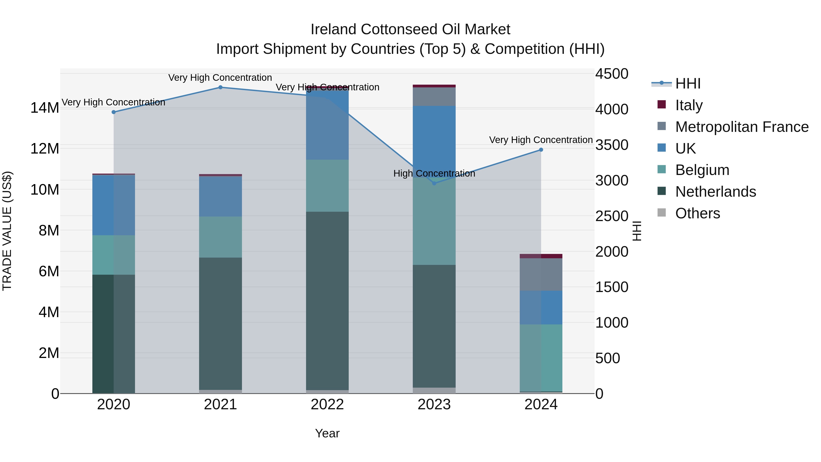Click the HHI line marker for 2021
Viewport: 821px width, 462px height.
[220, 87]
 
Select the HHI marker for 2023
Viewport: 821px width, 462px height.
[434, 183]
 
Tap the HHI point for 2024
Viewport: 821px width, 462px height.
[541, 150]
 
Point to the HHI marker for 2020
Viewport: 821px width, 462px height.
[114, 112]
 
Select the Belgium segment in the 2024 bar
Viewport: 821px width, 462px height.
[541, 358]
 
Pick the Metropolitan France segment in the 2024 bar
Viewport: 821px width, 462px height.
[541, 274]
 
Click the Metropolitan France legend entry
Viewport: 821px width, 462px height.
[742, 127]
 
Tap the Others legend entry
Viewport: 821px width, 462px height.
[697, 213]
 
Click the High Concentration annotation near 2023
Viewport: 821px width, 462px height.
[434, 173]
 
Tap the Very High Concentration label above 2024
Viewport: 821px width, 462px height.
[541, 140]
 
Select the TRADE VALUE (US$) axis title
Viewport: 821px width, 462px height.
[7, 231]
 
